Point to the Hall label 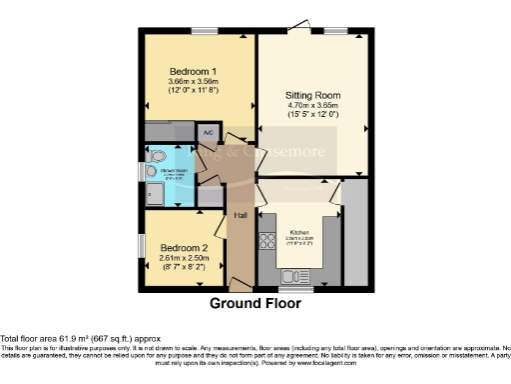[241, 214]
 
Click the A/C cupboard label [209, 132]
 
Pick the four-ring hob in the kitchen [267, 240]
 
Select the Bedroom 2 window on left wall [140, 246]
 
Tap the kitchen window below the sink [300, 290]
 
